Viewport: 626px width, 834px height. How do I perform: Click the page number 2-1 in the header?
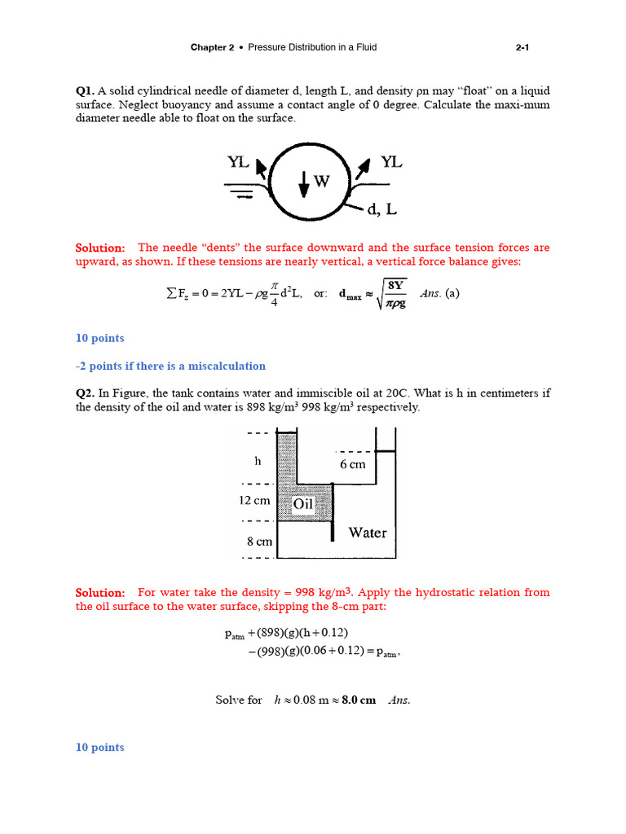(x=522, y=47)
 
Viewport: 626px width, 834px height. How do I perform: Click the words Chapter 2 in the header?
(x=212, y=47)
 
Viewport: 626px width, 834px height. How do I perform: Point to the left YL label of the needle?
(x=238, y=162)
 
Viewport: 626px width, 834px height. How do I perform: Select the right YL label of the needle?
(x=391, y=162)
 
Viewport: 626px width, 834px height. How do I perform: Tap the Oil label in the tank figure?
(x=303, y=504)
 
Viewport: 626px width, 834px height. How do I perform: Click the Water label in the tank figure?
(x=367, y=533)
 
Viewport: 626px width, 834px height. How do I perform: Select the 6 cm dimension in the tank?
(x=353, y=464)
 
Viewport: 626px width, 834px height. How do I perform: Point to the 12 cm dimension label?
(x=255, y=500)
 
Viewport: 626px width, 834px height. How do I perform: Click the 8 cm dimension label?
(x=258, y=541)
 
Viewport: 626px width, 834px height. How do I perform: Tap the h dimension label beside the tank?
(x=258, y=460)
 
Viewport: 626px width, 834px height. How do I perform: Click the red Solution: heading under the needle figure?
(x=100, y=248)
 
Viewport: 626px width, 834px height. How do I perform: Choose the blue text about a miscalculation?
(x=170, y=366)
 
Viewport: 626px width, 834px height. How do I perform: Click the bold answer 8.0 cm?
(x=359, y=700)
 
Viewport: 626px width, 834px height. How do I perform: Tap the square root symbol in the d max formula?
(x=381, y=293)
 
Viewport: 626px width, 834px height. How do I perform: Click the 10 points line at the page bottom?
(x=100, y=747)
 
